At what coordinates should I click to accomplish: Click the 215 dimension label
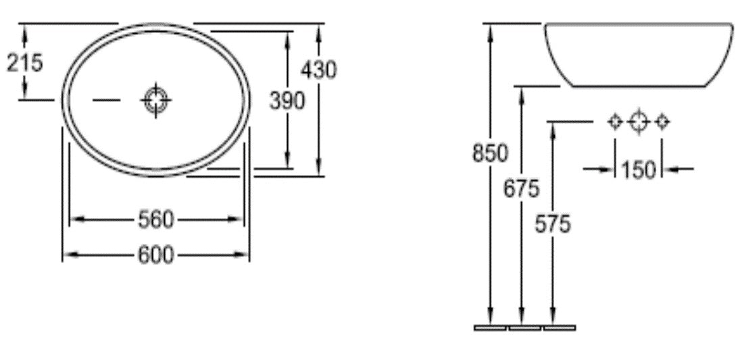point(25,63)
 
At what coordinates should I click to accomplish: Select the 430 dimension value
point(318,69)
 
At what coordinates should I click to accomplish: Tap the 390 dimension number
point(287,101)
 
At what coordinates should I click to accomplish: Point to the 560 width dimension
point(156,219)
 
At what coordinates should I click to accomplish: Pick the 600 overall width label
point(156,255)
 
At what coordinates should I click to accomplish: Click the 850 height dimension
point(489,153)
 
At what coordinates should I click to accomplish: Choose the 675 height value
point(521,188)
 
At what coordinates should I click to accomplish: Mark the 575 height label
point(552,224)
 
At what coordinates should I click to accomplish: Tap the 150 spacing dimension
point(638,169)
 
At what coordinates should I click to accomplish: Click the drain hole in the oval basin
point(156,101)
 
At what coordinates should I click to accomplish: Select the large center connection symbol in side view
point(638,122)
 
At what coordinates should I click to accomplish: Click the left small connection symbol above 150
point(615,122)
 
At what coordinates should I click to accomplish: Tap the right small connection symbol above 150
point(662,122)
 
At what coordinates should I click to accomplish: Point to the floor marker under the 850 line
point(490,328)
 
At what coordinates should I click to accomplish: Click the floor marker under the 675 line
point(524,328)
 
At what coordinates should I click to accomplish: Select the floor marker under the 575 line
point(559,328)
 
